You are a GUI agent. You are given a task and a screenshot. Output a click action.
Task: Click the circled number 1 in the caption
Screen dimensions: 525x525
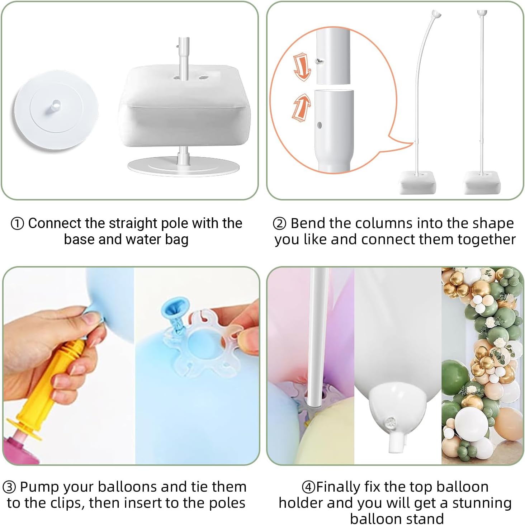(17, 224)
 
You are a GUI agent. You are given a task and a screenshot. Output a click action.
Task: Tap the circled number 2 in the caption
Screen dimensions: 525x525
(279, 224)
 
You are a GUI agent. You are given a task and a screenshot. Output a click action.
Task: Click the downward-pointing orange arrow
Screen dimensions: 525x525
(302, 67)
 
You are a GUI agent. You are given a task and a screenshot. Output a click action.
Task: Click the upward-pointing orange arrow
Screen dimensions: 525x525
(302, 107)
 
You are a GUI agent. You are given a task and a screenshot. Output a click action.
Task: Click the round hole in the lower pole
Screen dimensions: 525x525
(320, 125)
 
